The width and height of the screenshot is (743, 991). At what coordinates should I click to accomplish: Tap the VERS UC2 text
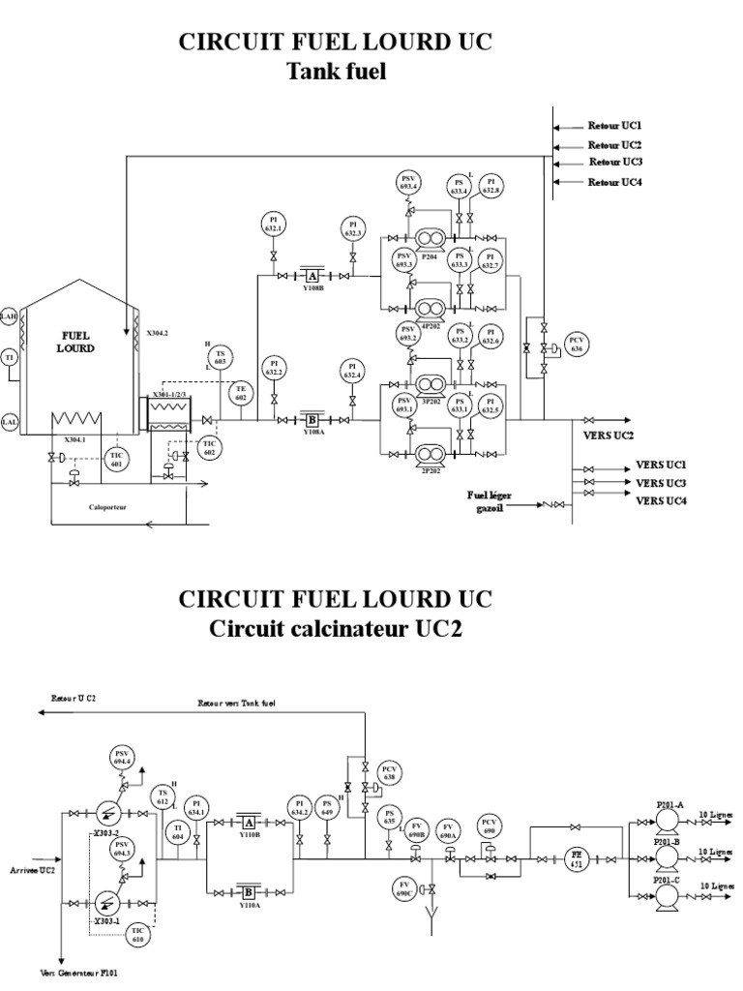(x=609, y=435)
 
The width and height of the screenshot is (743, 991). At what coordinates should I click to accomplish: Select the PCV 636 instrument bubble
(x=578, y=345)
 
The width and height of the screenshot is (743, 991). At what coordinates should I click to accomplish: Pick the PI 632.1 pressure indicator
(x=274, y=225)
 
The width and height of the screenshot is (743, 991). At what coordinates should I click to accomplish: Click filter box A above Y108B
(x=312, y=276)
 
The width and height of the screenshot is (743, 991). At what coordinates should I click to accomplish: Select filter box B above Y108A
(x=312, y=420)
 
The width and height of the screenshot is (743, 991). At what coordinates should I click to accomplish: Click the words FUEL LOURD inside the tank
(x=74, y=340)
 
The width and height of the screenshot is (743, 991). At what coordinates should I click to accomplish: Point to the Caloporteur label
(x=107, y=504)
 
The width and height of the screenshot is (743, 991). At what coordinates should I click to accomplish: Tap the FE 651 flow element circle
(x=577, y=856)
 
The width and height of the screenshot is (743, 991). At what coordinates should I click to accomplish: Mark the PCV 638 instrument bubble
(x=390, y=771)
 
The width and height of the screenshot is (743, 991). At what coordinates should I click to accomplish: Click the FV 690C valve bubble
(x=405, y=886)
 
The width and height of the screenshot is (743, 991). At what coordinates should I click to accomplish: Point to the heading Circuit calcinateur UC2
(x=337, y=629)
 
